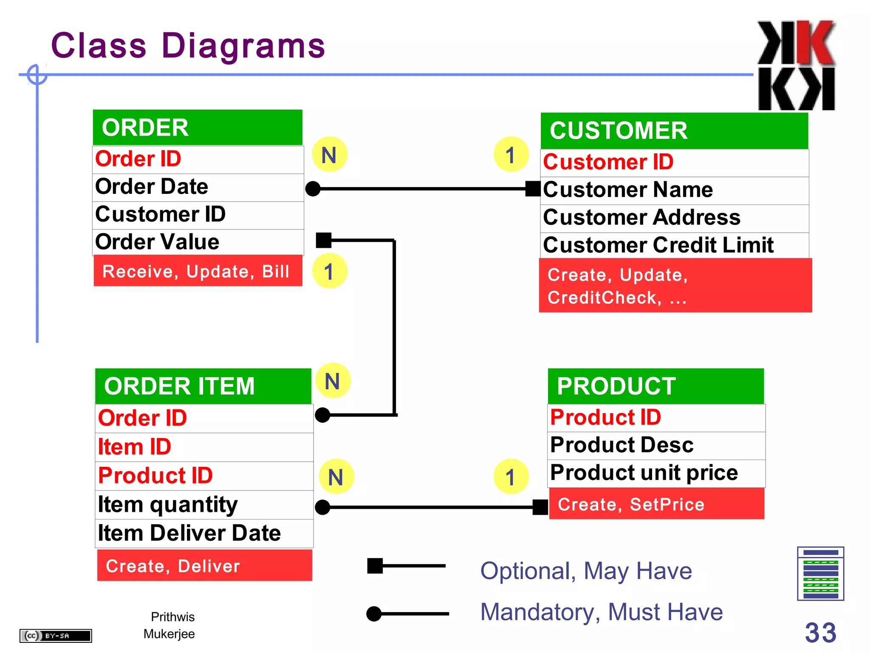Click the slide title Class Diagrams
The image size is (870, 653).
coord(188,45)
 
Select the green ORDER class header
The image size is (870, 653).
coord(198,128)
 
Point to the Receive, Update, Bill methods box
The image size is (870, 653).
coord(198,271)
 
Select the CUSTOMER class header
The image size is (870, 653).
coord(674,131)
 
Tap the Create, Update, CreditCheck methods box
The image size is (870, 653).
coord(675,286)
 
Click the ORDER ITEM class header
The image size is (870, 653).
coord(203,386)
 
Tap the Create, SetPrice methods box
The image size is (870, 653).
coord(656,504)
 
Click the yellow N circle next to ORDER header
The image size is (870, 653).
coord(329,154)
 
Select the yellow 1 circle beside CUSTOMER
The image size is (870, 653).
coord(511,154)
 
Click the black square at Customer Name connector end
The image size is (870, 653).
coord(533,188)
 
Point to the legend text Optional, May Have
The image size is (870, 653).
coord(586,571)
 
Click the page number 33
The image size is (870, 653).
coord(820,633)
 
